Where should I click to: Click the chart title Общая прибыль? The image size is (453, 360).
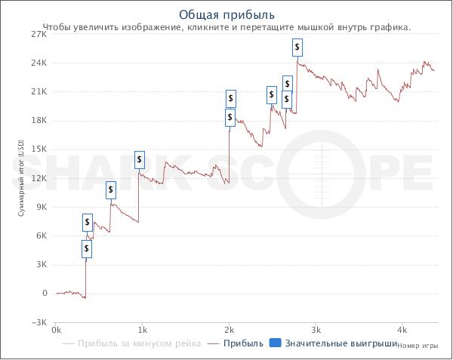click(x=226, y=14)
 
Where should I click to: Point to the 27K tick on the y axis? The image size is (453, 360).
click(x=38, y=34)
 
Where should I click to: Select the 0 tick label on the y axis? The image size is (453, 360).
click(x=45, y=293)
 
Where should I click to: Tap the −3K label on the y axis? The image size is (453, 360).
click(x=38, y=322)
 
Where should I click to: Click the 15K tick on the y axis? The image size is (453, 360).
click(x=38, y=149)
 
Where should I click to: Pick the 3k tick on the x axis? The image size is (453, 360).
click(x=316, y=331)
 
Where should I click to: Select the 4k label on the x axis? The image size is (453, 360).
click(x=402, y=331)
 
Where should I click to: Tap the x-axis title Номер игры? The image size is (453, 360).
click(x=417, y=346)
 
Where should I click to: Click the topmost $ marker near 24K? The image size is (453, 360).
click(x=297, y=48)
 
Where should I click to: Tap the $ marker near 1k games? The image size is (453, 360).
click(x=140, y=159)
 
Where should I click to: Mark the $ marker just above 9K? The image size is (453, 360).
click(x=111, y=189)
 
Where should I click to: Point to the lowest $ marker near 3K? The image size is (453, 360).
click(x=87, y=248)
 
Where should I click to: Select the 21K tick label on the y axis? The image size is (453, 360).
click(x=38, y=91)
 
